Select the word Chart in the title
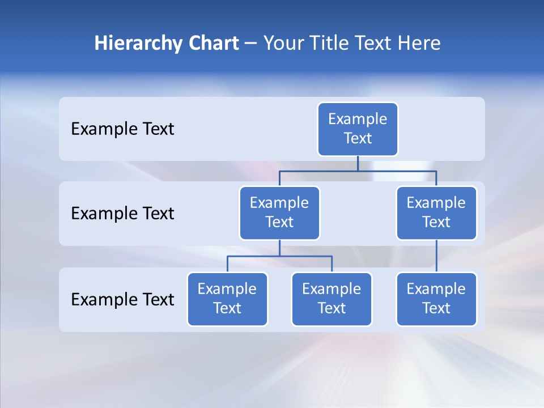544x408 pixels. click(211, 44)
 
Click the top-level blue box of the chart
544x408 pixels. click(358, 129)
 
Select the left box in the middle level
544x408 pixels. click(279, 212)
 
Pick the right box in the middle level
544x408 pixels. click(436, 212)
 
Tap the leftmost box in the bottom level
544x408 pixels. click(227, 299)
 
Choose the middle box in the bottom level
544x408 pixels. click(331, 299)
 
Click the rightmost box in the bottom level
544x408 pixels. click(436, 299)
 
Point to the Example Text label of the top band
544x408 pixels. click(122, 129)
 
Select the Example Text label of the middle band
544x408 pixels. click(122, 214)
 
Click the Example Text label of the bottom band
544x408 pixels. click(122, 299)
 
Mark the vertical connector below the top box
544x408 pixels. click(358, 163)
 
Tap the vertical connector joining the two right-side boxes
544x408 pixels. click(436, 256)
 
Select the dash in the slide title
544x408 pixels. click(250, 44)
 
